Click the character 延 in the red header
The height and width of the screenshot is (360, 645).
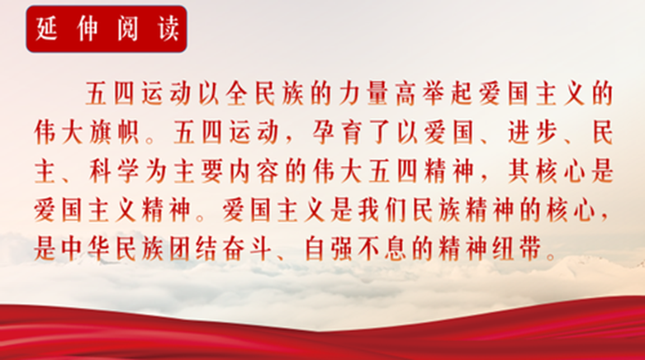click(x=46, y=29)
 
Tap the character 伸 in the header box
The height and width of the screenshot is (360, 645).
click(x=87, y=29)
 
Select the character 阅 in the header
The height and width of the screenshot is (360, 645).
click(x=127, y=29)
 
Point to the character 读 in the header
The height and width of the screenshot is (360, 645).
click(x=168, y=29)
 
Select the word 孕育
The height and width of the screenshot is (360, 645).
click(x=336, y=132)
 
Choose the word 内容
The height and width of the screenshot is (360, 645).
click(x=253, y=171)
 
